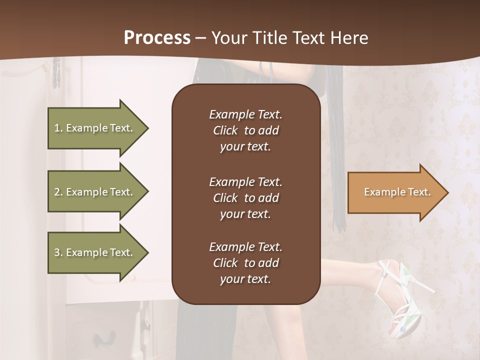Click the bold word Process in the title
157,38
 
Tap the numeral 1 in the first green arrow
57,128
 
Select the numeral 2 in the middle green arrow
57,192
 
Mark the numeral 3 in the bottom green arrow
57,252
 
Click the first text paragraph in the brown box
245,130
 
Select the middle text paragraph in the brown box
245,198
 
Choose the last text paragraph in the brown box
245,263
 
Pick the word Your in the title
228,38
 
